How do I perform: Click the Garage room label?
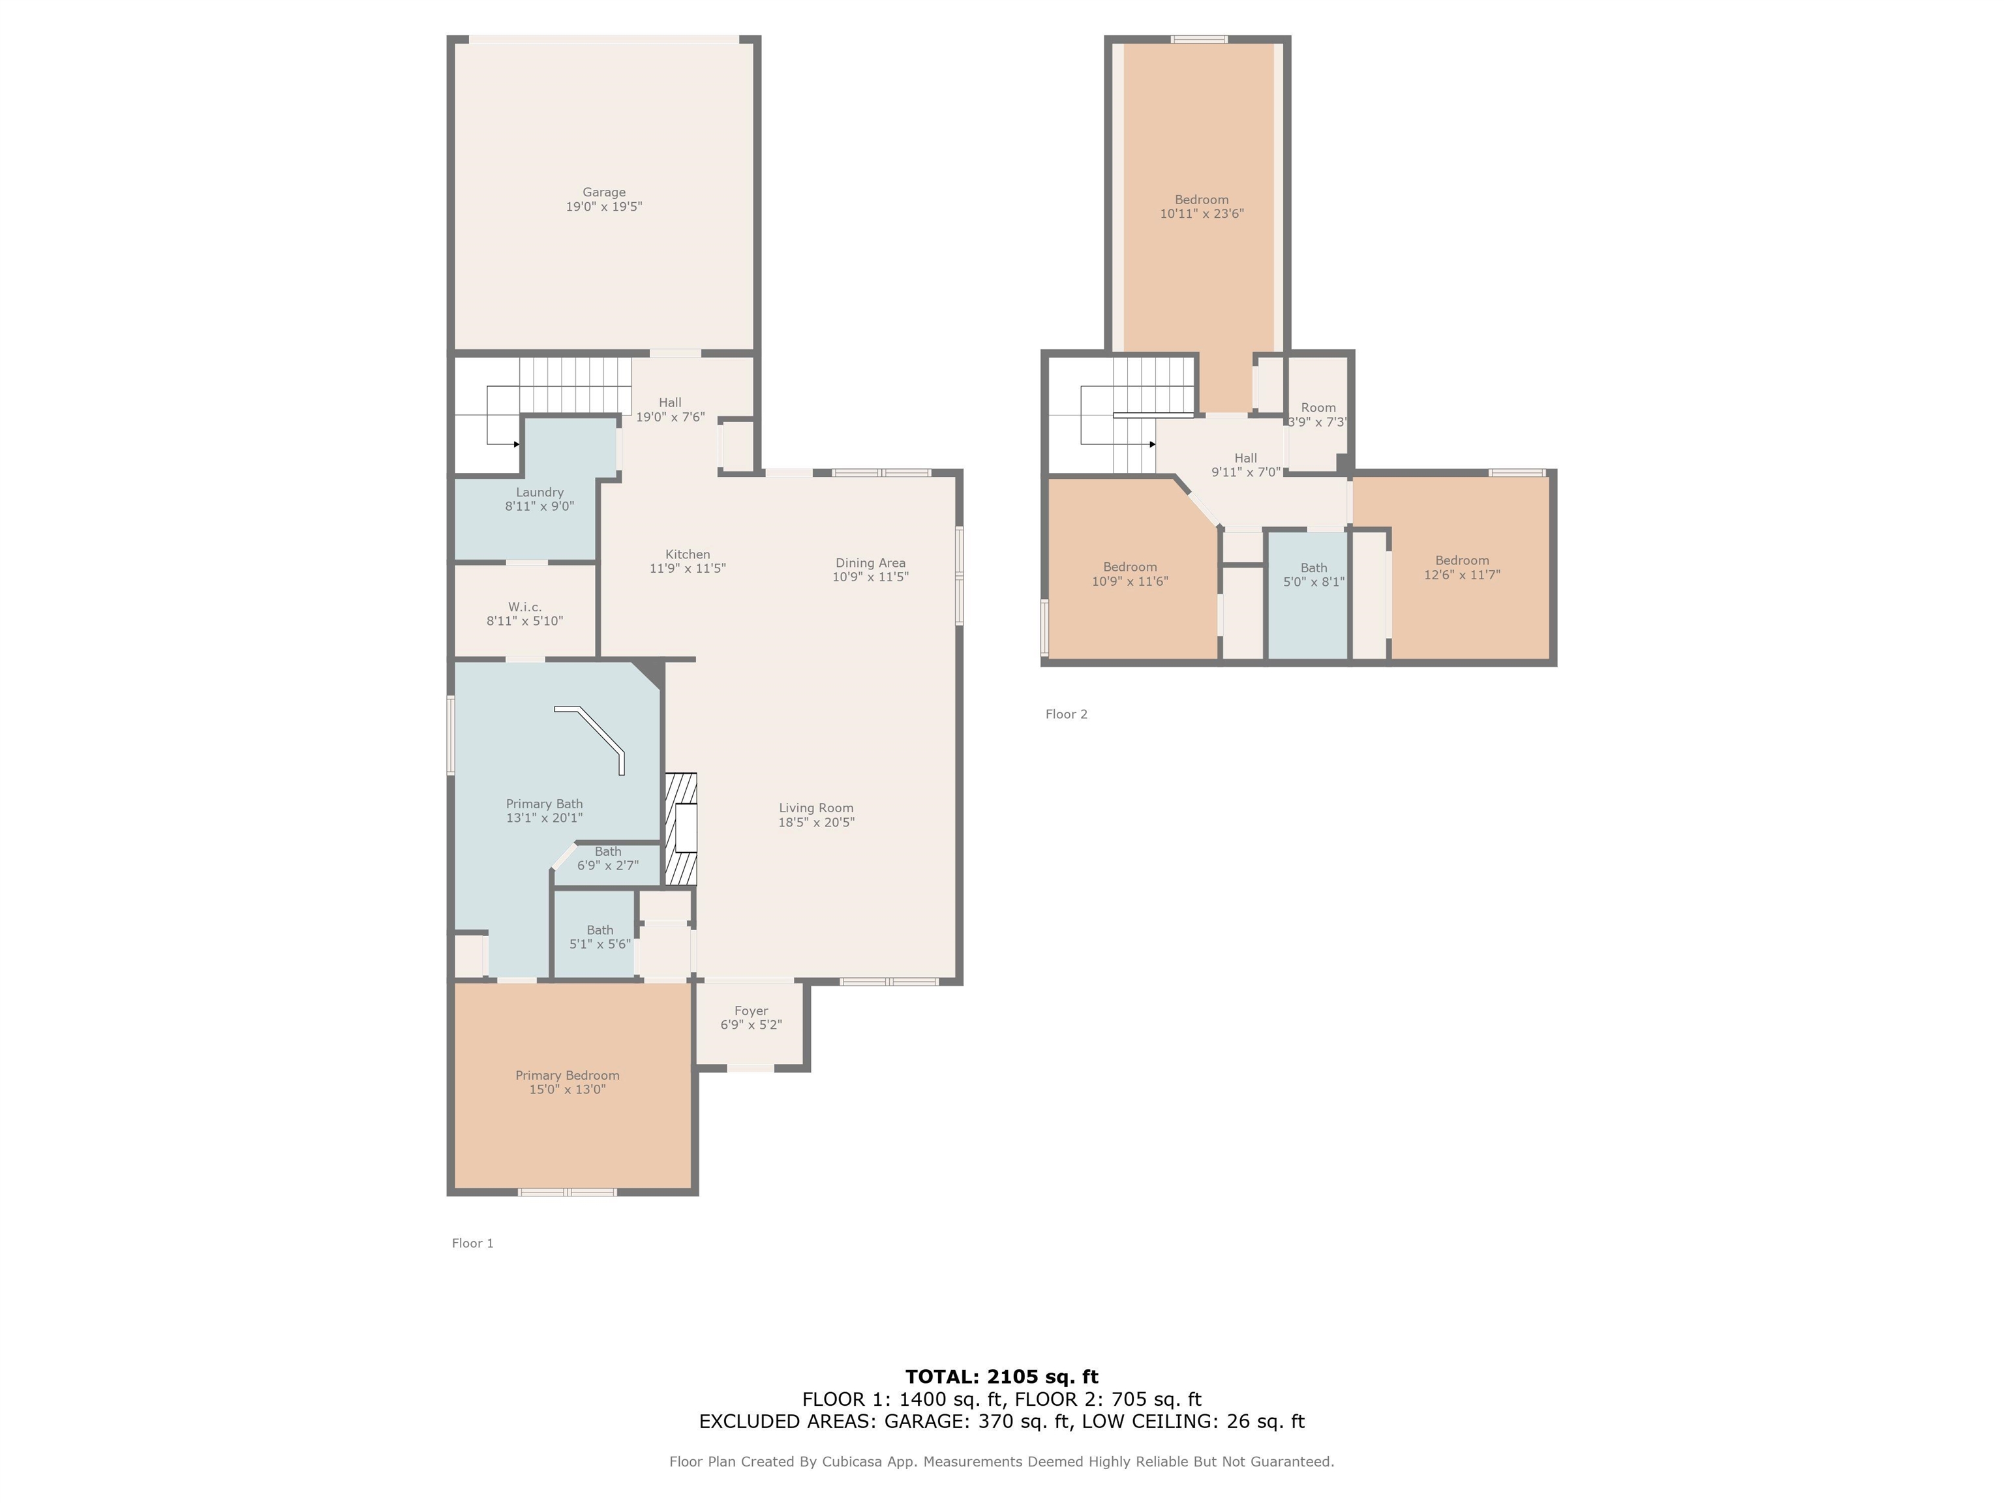tap(603, 192)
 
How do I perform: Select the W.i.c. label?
tap(524, 607)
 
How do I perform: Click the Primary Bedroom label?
tap(567, 1075)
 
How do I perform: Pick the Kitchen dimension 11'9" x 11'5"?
tap(687, 569)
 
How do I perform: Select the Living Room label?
tap(815, 808)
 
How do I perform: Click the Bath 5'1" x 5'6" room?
tap(599, 937)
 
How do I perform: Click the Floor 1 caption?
tap(472, 1243)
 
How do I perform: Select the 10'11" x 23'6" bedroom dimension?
tap(1202, 215)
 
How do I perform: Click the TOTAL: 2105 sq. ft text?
tap(1001, 1377)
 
